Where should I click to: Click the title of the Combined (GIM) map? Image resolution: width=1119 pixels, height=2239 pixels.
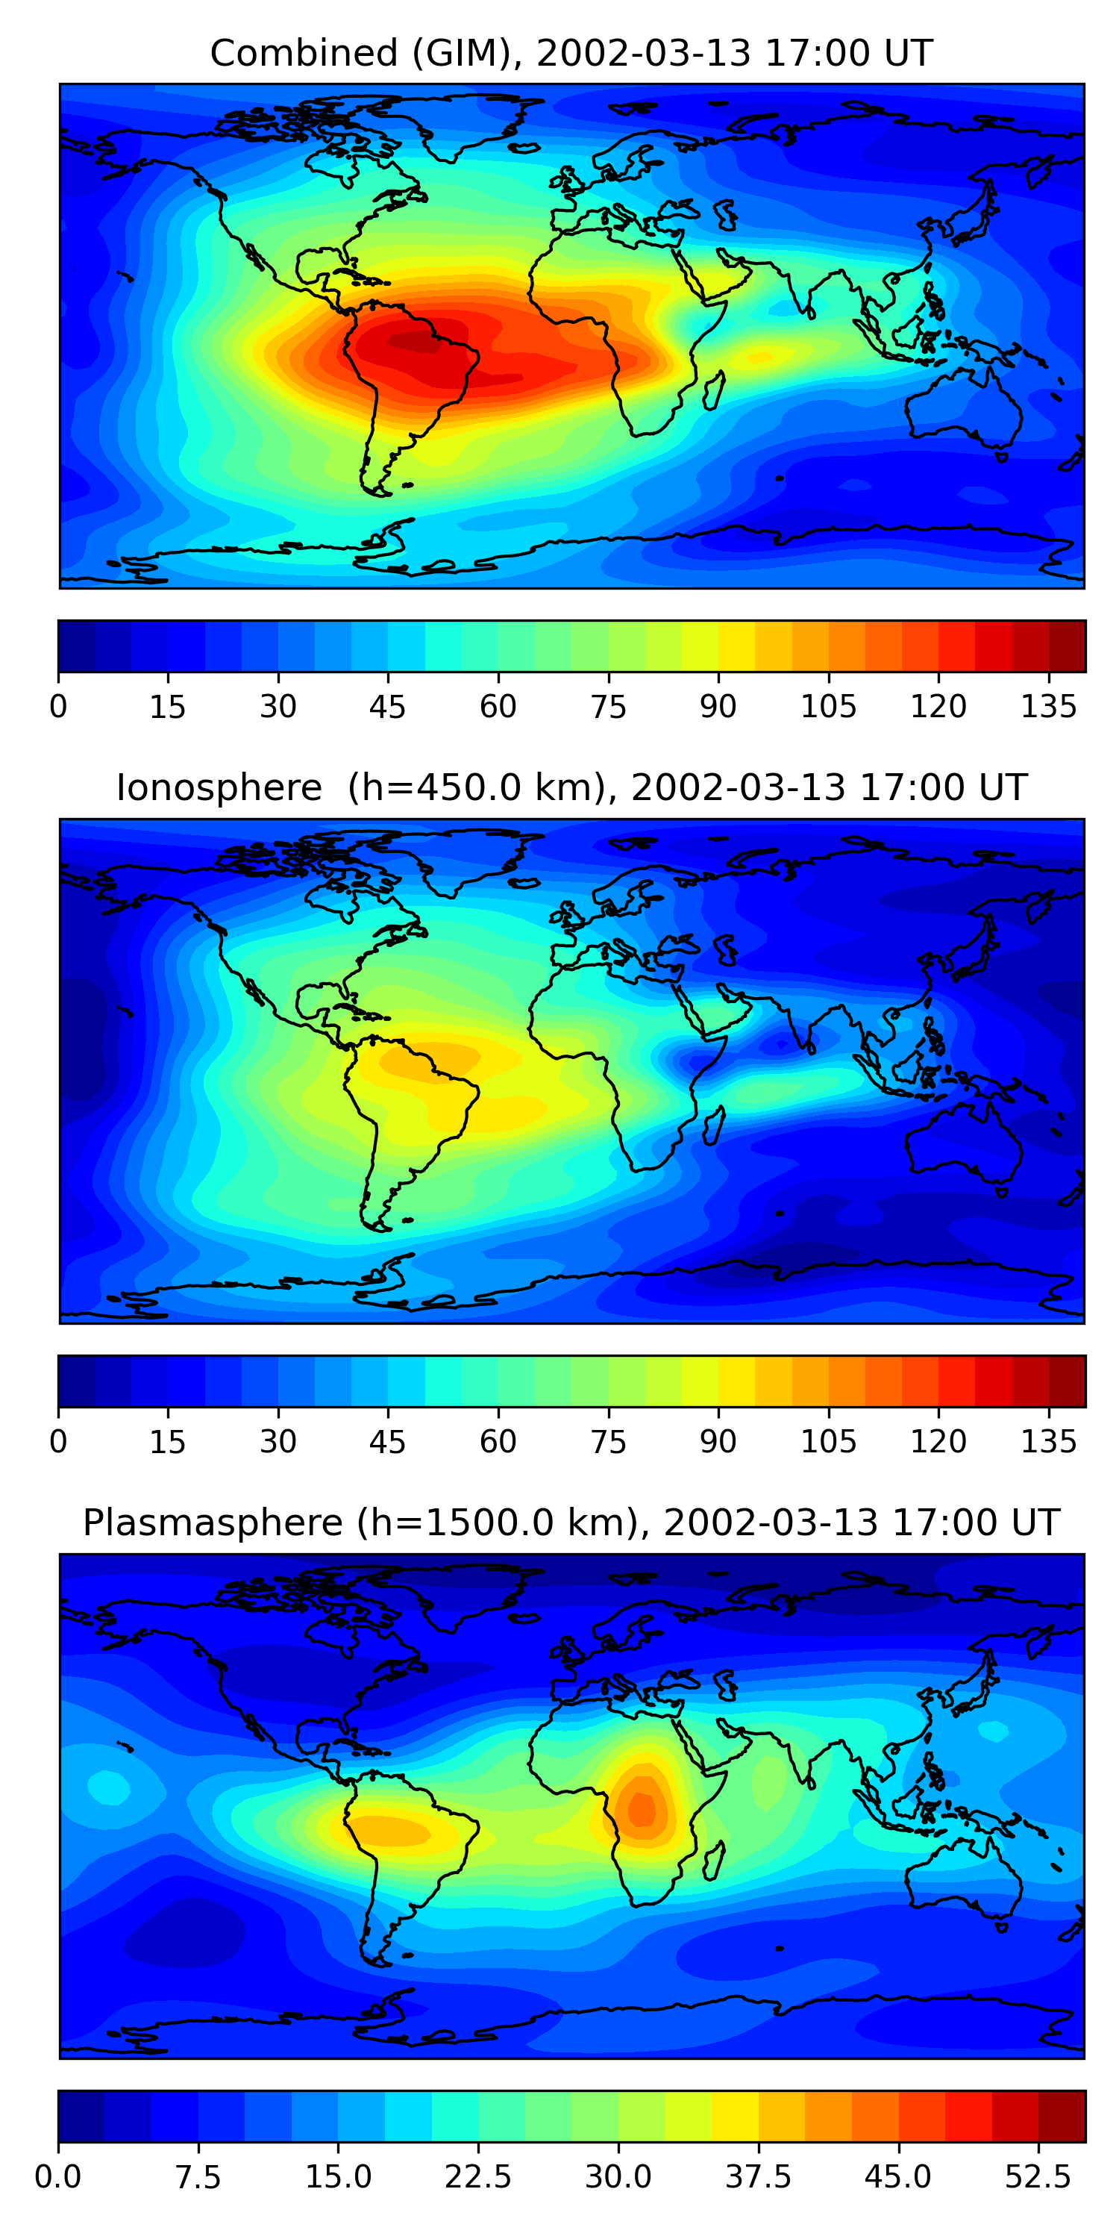[x=571, y=53]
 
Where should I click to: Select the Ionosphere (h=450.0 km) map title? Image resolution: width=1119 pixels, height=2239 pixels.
[x=571, y=787]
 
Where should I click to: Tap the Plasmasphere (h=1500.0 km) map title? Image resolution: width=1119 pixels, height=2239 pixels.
[x=571, y=1522]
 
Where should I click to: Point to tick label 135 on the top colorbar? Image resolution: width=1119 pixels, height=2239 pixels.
[x=1048, y=707]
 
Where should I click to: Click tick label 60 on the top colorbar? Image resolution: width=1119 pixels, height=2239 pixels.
[x=498, y=707]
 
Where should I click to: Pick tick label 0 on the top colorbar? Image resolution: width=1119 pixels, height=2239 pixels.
[x=58, y=707]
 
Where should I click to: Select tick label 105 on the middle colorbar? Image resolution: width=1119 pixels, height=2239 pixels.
[x=828, y=1441]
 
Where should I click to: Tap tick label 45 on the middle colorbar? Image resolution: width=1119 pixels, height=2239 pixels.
[x=387, y=1441]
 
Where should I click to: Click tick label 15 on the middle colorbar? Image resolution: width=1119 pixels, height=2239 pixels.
[x=168, y=1441]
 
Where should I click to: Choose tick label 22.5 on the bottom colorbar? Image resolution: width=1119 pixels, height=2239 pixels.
[x=478, y=2176]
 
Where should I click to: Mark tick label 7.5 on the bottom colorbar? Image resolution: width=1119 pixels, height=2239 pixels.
[x=198, y=2176]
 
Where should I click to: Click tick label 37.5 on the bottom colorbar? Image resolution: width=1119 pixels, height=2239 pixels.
[x=758, y=2176]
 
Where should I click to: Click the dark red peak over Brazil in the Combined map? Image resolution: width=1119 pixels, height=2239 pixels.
[x=413, y=341]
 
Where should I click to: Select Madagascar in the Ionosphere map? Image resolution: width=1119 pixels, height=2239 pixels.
[x=714, y=1125]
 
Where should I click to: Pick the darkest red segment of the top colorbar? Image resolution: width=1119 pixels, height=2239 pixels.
[x=1067, y=646]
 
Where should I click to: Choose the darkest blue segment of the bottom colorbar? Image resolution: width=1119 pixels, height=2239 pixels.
[x=81, y=2116]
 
